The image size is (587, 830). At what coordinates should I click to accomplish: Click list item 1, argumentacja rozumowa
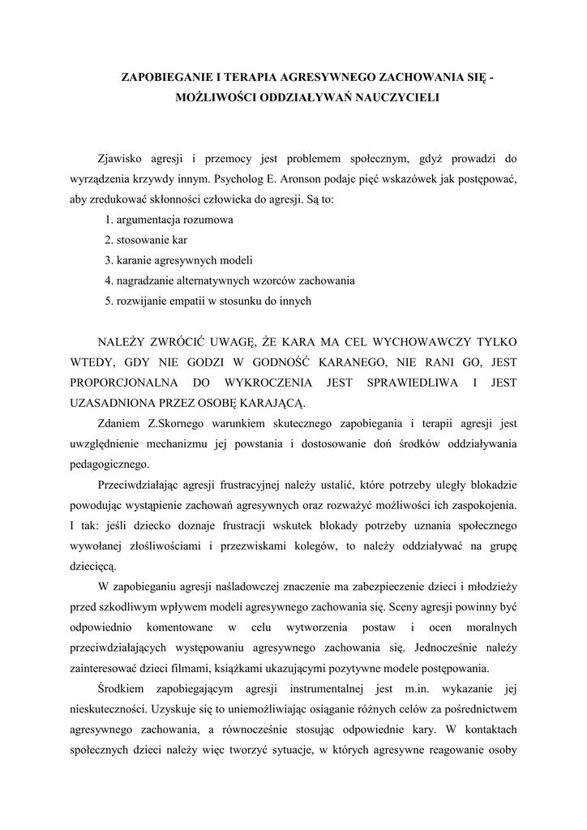coord(169,220)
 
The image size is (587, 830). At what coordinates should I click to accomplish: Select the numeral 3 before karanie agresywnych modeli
coord(108,260)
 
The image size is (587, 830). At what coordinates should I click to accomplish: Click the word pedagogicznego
coord(109,464)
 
